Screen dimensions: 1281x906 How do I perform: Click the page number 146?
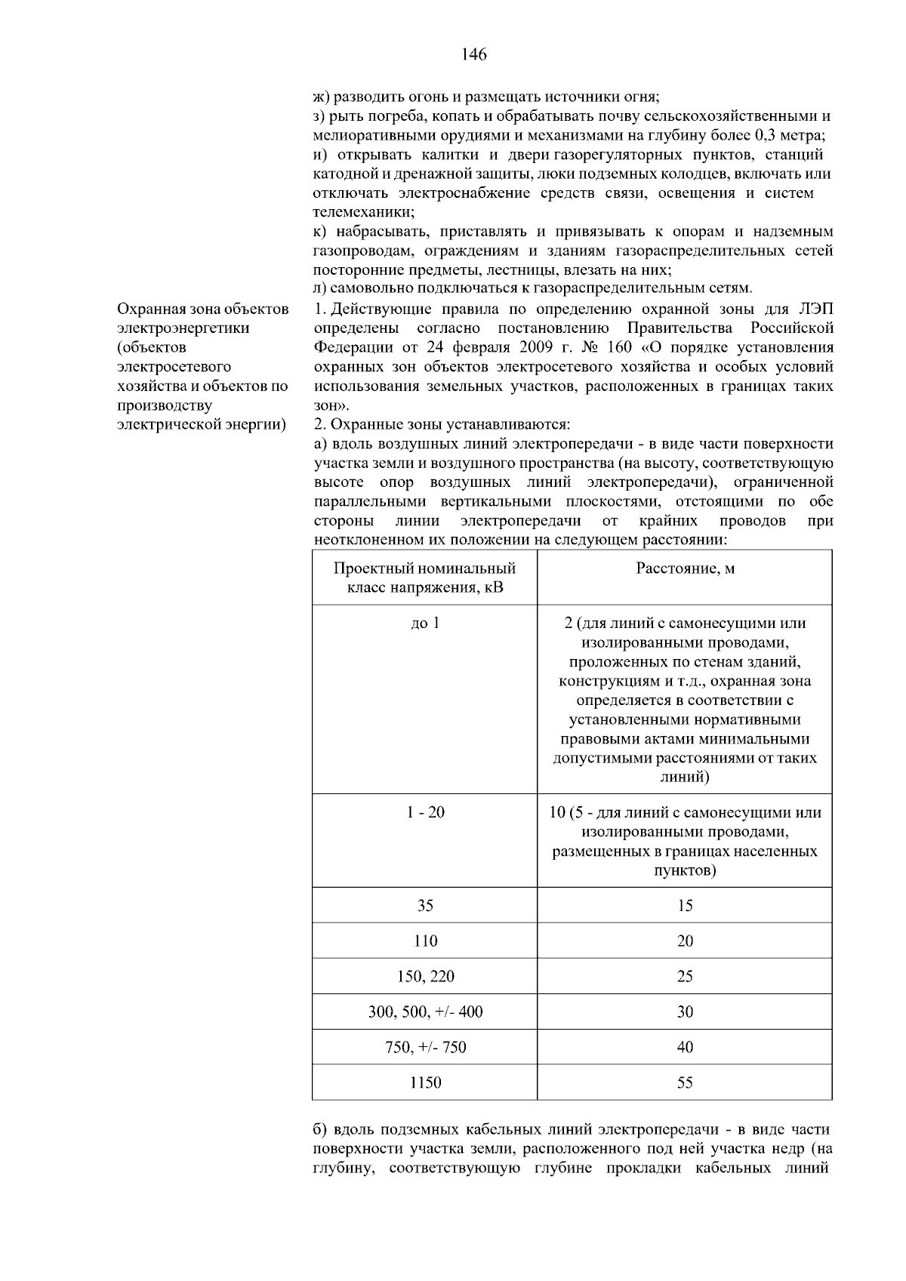pos(473,54)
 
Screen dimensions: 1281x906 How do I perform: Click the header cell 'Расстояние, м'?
pos(685,568)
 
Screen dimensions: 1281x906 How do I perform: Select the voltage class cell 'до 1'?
pos(425,624)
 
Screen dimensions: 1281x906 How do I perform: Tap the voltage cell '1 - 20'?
pos(425,812)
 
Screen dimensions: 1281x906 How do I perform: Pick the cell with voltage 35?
pos(425,905)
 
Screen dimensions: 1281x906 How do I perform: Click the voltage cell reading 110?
pos(425,941)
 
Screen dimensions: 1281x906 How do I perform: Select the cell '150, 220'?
pos(425,976)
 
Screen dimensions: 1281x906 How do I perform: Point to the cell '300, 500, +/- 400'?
pos(425,1012)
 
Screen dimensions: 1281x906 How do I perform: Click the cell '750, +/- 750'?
pos(425,1047)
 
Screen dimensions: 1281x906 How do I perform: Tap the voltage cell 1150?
pos(425,1082)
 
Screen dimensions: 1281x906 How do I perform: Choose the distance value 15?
pos(685,905)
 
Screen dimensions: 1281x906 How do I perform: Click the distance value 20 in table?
pos(685,941)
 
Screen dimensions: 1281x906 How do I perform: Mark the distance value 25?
pos(685,976)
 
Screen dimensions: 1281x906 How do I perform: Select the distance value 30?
pos(685,1012)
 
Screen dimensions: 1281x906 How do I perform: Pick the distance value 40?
pos(685,1047)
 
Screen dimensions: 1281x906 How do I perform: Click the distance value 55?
pos(685,1082)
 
